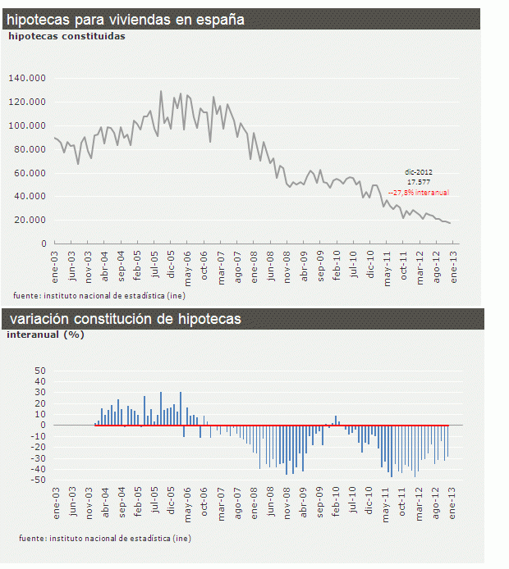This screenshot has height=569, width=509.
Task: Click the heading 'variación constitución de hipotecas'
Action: click(125, 319)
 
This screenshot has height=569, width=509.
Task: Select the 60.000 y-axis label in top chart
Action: click(28, 173)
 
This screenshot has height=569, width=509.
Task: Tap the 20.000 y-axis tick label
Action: click(28, 220)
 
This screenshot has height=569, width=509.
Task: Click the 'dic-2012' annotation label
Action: click(420, 172)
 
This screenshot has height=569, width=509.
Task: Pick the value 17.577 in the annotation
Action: click(420, 182)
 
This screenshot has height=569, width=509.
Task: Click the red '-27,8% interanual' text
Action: click(419, 193)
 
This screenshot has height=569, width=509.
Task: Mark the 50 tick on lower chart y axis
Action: click(39, 371)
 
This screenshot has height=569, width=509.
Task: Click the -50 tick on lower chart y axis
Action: click(38, 480)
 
